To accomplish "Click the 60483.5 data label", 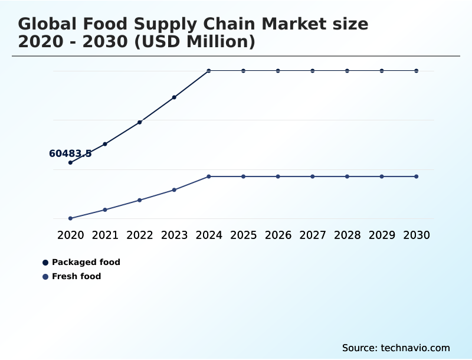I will pyautogui.click(x=70, y=153).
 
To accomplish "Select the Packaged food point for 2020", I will pyautogui.click(x=70, y=162).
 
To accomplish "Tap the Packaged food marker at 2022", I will pyautogui.click(x=140, y=122).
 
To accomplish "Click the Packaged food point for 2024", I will pyautogui.click(x=209, y=71).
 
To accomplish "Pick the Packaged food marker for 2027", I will pyautogui.click(x=313, y=71).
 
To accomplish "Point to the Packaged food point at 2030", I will pyautogui.click(x=417, y=71).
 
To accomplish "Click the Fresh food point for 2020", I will pyautogui.click(x=70, y=218).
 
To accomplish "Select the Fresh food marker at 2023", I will pyautogui.click(x=174, y=189).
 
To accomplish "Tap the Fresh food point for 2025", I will pyautogui.click(x=243, y=176).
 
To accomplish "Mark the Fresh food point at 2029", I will pyautogui.click(x=382, y=176).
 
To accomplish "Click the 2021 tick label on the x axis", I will pyautogui.click(x=105, y=235).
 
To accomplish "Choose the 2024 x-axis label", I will pyautogui.click(x=209, y=235).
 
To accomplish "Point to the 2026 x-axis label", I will pyautogui.click(x=278, y=235).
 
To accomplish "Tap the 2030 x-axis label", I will pyautogui.click(x=417, y=235).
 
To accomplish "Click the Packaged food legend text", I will pyautogui.click(x=86, y=262).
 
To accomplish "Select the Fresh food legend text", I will pyautogui.click(x=77, y=276).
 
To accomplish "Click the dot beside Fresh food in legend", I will pyautogui.click(x=45, y=276).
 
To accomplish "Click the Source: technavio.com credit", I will pyautogui.click(x=396, y=348).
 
